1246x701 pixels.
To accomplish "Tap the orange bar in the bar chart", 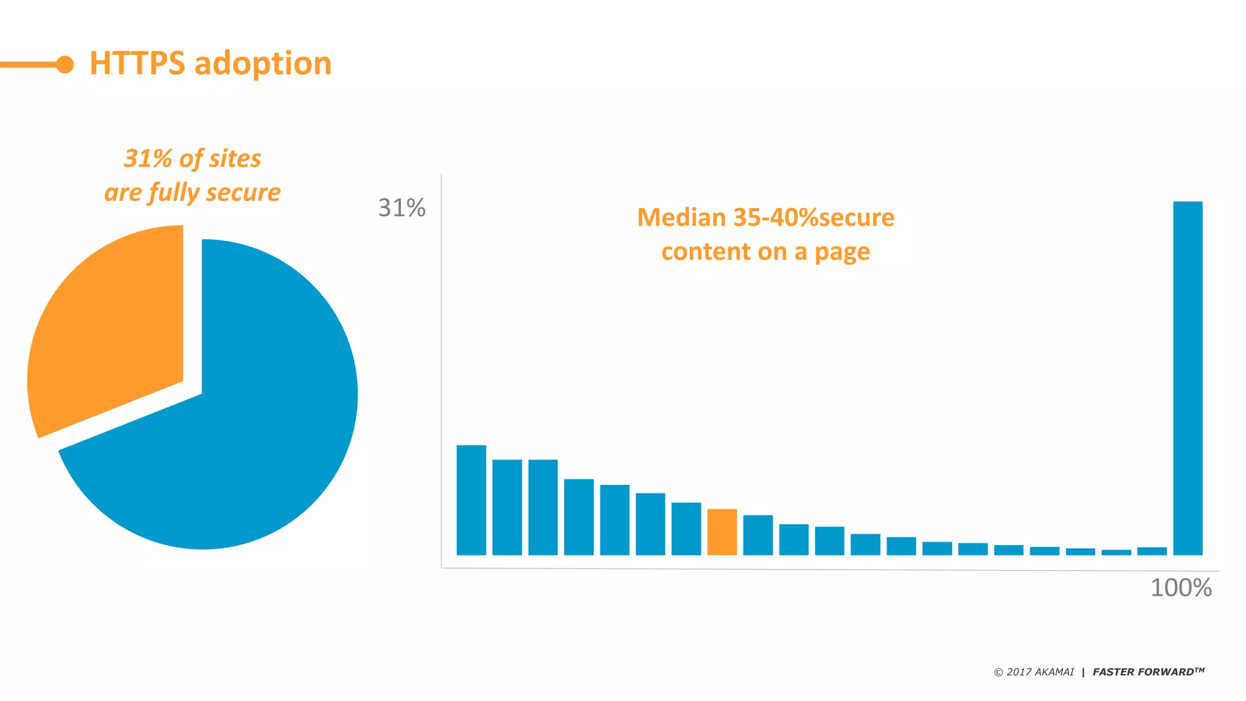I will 722,532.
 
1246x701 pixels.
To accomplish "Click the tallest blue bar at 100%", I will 1188,377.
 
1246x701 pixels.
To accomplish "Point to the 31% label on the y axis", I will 402,208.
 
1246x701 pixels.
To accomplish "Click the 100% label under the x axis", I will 1181,588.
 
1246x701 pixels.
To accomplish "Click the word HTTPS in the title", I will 137,63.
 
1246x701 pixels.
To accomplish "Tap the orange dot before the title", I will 64,65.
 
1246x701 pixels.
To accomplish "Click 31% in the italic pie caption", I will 148,159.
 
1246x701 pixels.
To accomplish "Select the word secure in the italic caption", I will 243,193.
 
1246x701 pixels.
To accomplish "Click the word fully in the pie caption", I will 174,193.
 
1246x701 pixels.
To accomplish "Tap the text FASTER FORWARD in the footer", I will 1143,672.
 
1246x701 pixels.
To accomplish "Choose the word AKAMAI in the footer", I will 1054,672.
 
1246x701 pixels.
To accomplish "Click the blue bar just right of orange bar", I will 757,535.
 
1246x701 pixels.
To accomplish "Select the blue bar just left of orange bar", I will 686,529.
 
